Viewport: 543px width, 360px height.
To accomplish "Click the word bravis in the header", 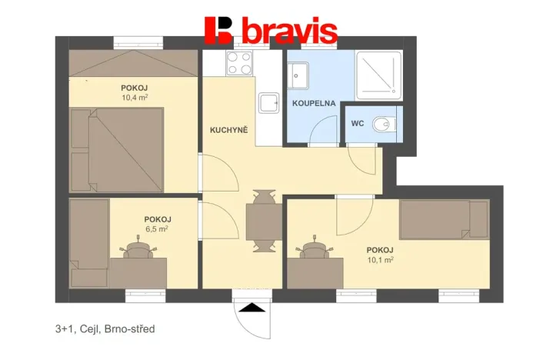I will tap(289, 31).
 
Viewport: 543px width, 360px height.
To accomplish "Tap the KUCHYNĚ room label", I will tap(228, 130).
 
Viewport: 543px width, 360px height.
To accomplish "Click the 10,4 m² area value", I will tap(135, 98).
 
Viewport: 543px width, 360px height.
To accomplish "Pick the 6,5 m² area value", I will tap(157, 228).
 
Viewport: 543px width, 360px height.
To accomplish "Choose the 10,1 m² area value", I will tap(380, 260).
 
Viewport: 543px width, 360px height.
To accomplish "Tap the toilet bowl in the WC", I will tap(381, 123).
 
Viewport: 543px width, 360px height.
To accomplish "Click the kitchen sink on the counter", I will tap(269, 103).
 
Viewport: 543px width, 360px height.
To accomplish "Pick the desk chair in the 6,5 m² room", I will tap(138, 252).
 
